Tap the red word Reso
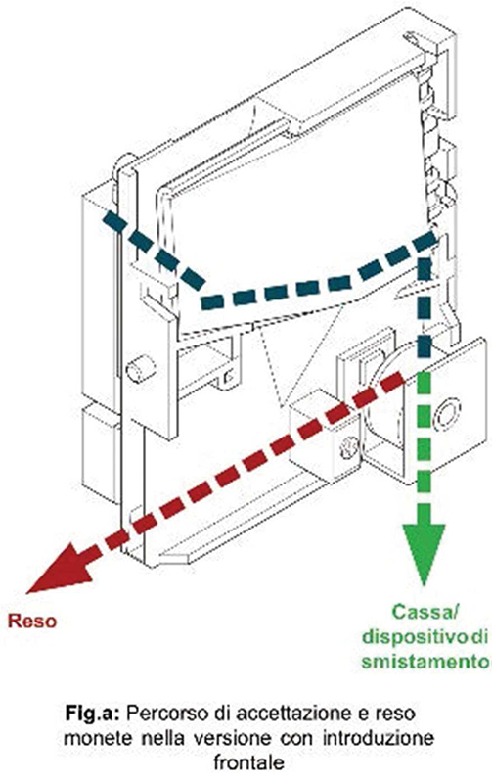click(x=32, y=622)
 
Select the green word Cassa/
click(x=425, y=613)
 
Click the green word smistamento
click(x=425, y=662)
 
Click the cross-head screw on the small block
click(x=349, y=448)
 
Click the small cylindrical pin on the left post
click(x=141, y=370)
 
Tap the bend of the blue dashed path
click(x=205, y=299)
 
